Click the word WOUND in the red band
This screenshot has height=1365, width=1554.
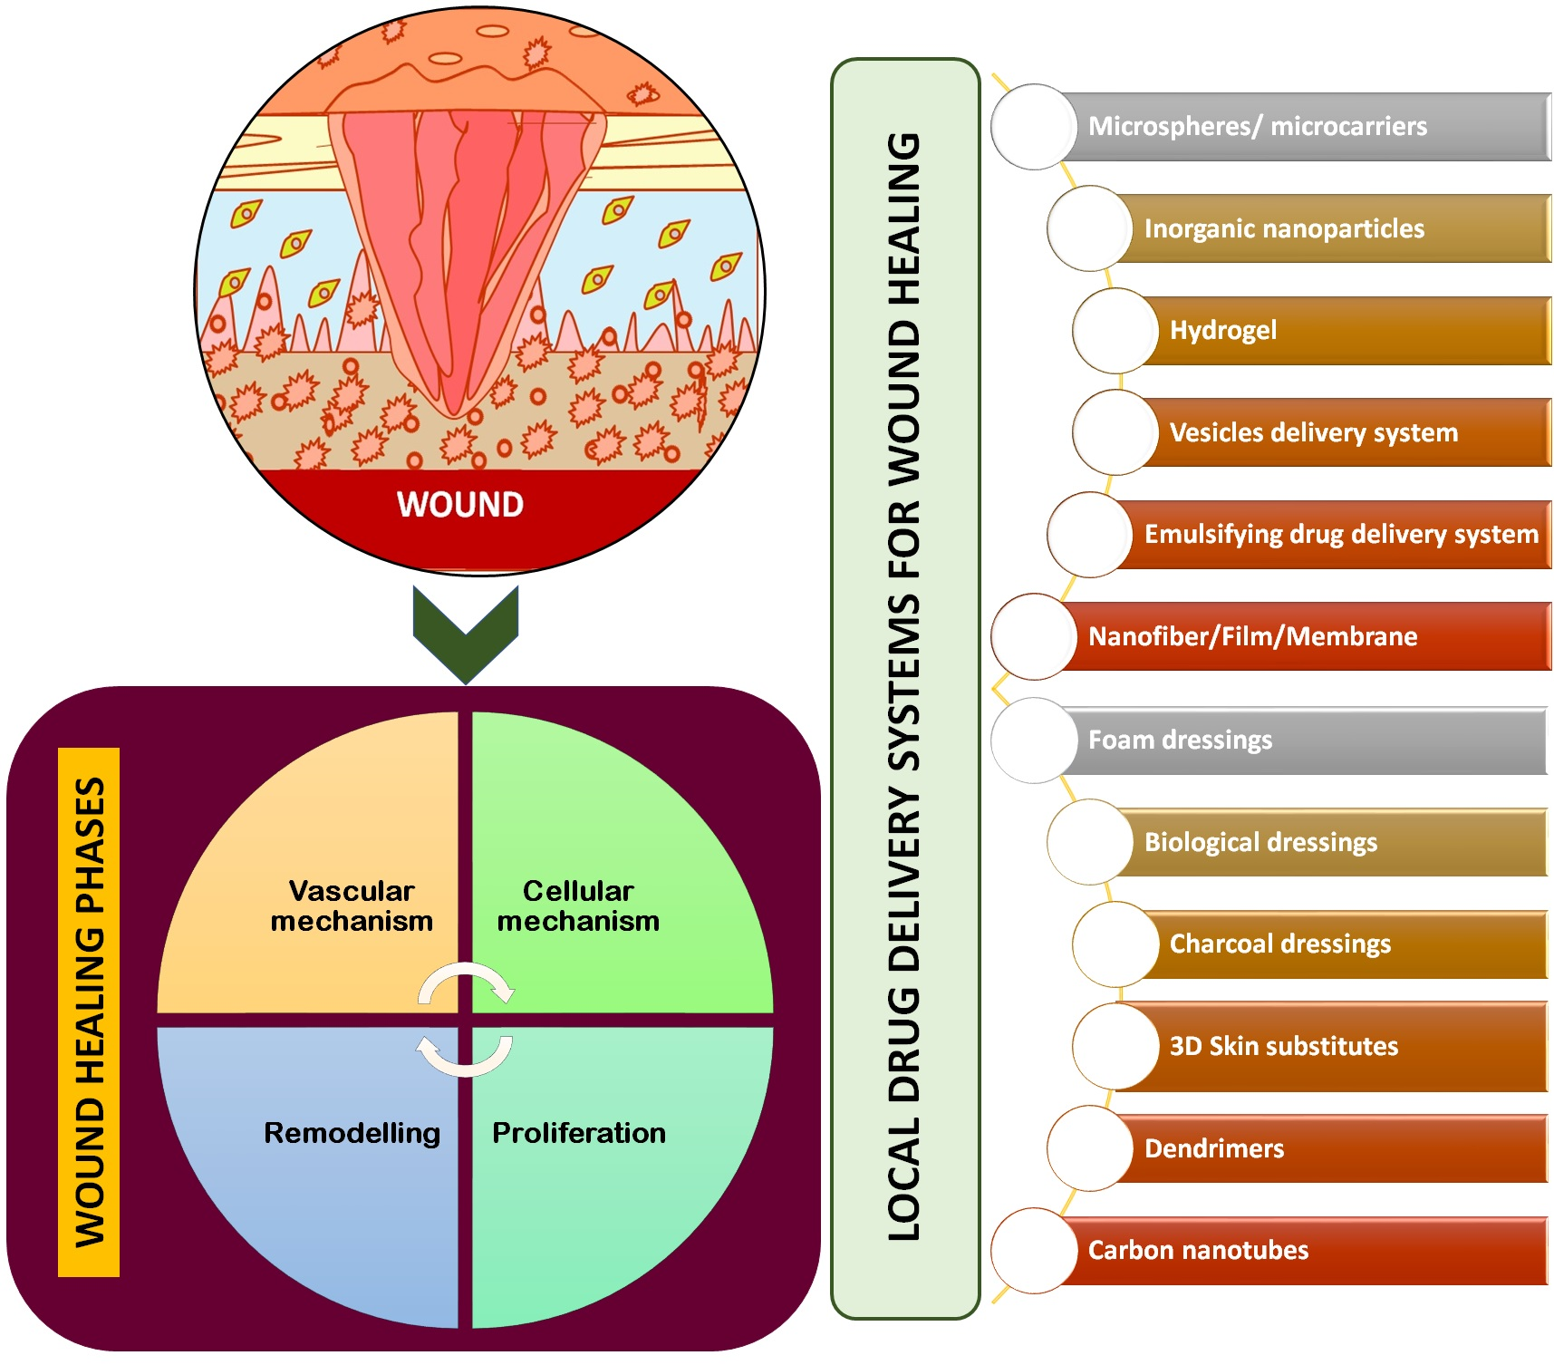(460, 505)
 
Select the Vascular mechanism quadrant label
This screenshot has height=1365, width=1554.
(352, 905)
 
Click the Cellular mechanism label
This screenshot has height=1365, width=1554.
(578, 905)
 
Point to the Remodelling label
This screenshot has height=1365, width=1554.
(352, 1133)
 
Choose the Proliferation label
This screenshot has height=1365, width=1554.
(578, 1133)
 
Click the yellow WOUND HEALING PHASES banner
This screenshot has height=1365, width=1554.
(89, 1012)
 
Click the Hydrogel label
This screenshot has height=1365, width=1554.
(1222, 331)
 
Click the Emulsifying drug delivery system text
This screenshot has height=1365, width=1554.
(1341, 535)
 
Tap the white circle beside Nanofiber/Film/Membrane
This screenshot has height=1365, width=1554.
(1034, 636)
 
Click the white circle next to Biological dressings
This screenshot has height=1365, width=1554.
(1090, 842)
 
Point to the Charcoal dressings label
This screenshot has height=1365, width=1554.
(1279, 944)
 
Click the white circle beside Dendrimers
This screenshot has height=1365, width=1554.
(1090, 1148)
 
